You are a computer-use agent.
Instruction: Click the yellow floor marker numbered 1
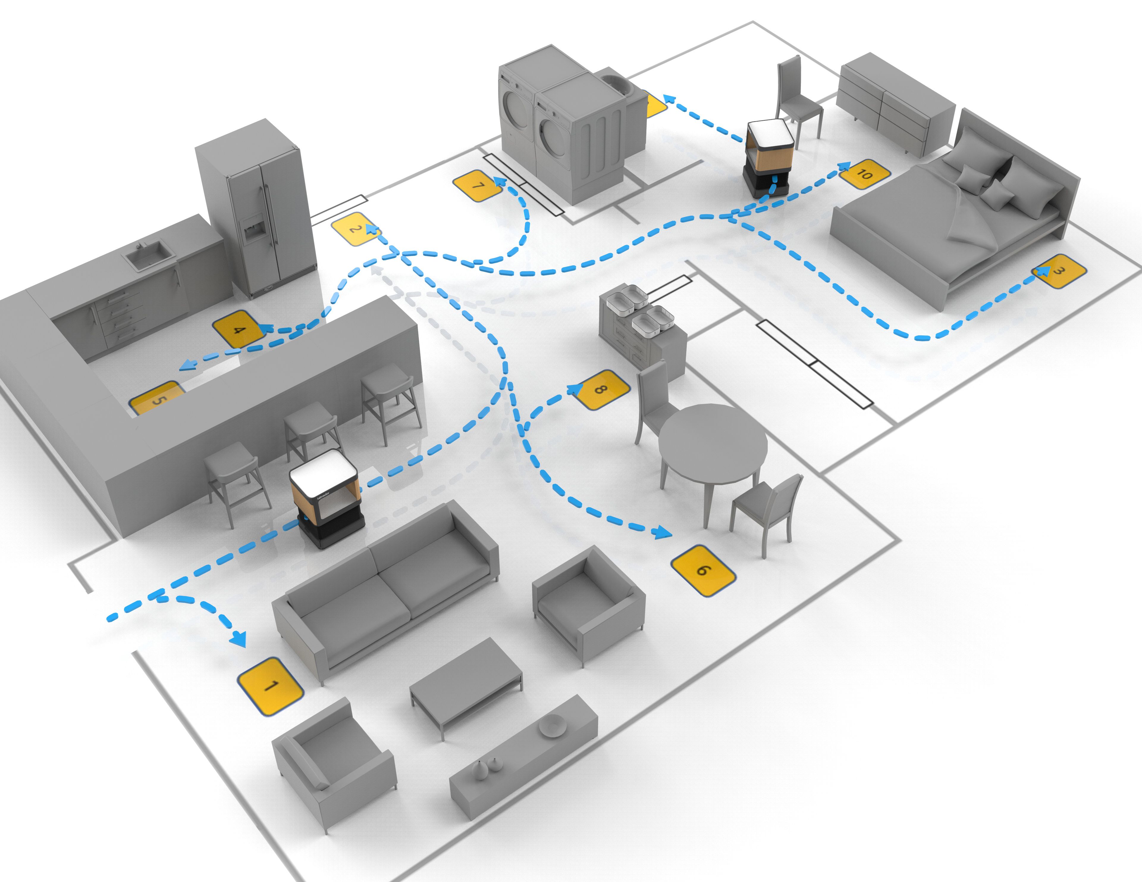point(270,686)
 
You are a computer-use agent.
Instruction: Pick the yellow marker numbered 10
point(864,174)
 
